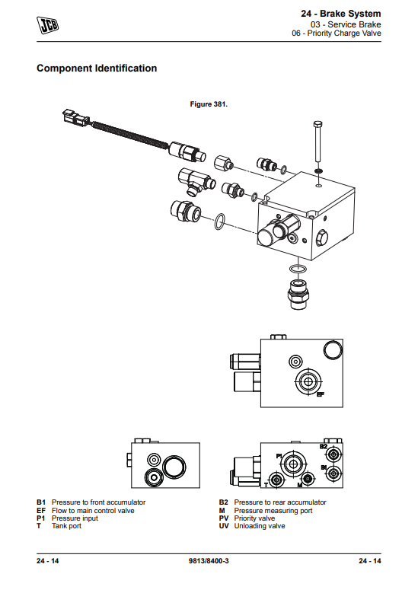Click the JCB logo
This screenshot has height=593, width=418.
tap(48, 25)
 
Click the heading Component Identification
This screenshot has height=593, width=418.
tap(97, 68)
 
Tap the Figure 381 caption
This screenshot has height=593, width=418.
tap(209, 104)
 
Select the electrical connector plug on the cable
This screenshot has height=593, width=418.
tap(75, 117)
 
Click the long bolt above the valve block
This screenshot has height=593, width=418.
tap(317, 142)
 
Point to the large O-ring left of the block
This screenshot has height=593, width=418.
tap(219, 222)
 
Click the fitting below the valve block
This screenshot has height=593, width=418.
tap(298, 294)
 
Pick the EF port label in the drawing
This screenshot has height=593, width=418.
tap(321, 394)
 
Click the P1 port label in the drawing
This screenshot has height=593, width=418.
tap(279, 456)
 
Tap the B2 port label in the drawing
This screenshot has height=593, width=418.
tap(324, 447)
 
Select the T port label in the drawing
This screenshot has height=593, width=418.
tap(266, 485)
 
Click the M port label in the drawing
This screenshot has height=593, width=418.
tap(299, 485)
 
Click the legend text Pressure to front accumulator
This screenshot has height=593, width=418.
tap(98, 502)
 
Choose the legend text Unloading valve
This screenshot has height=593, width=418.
tap(260, 526)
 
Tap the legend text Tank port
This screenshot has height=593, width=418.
tap(66, 526)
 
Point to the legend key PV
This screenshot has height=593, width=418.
tap(224, 518)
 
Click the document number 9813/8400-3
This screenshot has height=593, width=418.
tap(209, 561)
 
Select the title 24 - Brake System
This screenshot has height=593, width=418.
tap(341, 14)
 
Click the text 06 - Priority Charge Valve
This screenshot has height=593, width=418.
tap(337, 33)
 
